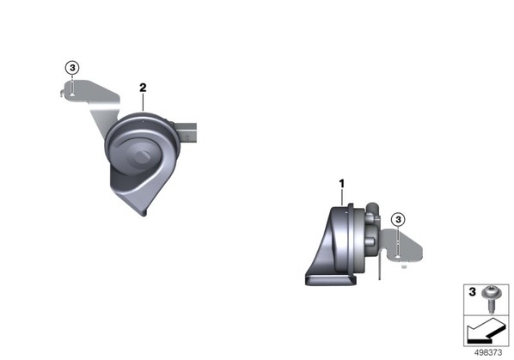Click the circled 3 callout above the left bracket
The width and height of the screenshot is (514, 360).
(x=72, y=68)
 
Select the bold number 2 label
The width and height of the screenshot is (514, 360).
(x=143, y=88)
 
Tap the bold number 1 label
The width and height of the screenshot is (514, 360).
(x=342, y=184)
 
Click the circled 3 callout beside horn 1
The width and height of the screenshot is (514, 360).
(x=398, y=219)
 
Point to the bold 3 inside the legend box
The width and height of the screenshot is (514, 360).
(x=472, y=291)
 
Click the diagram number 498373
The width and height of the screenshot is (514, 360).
(x=488, y=353)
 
